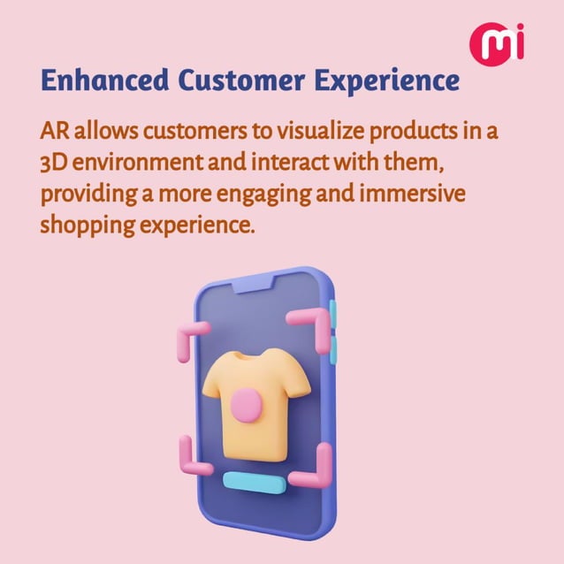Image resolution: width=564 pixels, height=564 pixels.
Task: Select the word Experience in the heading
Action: point(385,80)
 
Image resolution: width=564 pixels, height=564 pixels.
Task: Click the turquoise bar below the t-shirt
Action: point(253,481)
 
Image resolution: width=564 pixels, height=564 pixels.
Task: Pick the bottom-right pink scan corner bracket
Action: point(316,469)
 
